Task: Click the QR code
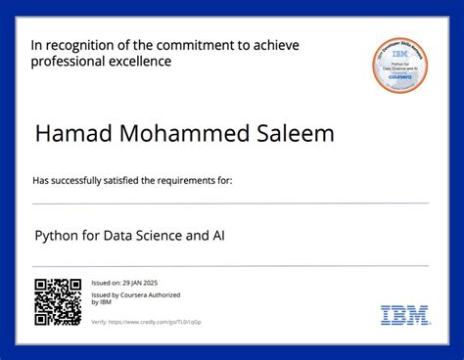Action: [58, 301]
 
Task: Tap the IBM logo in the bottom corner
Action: [404, 315]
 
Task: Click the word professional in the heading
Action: [65, 62]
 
